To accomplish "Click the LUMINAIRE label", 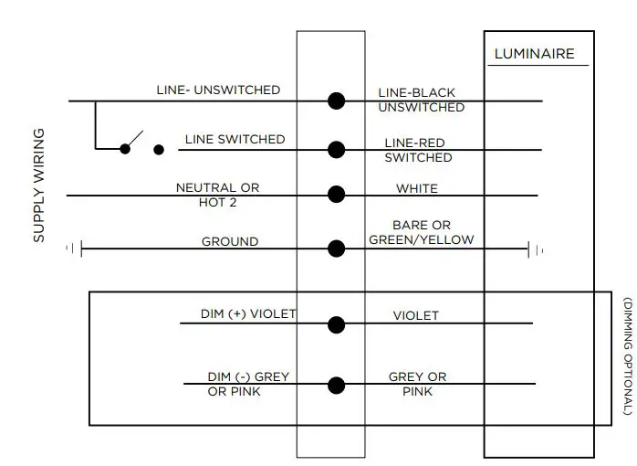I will point(534,54).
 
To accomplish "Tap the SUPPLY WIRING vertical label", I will point(39,185).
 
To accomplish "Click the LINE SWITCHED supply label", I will point(235,140).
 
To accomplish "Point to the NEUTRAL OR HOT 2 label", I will point(217,195).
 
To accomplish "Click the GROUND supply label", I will point(229,242).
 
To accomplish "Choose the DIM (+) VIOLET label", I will point(248,314).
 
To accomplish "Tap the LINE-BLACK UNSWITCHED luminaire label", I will point(421,101).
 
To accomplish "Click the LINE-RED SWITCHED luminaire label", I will point(418,151).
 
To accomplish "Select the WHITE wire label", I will point(416,189).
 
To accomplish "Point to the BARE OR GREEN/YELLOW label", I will point(422,233).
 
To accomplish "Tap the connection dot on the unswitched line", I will point(336,101).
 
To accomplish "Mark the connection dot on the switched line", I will point(336,150).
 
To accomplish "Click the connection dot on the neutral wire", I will point(336,195).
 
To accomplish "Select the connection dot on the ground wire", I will point(336,248).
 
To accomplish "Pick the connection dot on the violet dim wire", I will point(336,323).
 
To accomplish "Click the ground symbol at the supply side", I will point(75,248).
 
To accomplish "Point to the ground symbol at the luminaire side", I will point(536,248).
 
